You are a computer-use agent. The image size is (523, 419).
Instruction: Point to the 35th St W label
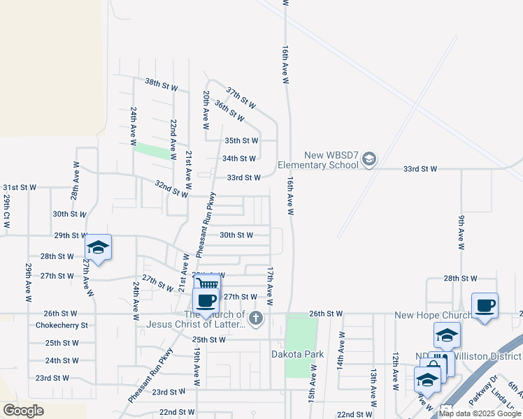(241, 140)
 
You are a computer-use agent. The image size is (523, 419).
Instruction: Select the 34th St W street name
(239, 159)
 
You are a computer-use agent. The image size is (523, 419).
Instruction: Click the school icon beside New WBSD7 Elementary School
(369, 160)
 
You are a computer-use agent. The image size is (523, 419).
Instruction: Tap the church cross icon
(256, 319)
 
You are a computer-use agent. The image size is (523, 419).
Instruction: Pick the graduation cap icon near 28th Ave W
(98, 247)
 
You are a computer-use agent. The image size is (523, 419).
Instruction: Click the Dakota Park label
(297, 354)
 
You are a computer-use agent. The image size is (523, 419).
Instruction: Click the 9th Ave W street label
(461, 233)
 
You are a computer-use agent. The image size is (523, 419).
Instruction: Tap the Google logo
(23, 411)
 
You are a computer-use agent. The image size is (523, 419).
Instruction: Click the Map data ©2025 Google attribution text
(480, 413)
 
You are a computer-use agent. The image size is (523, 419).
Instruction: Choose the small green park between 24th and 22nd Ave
(153, 150)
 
